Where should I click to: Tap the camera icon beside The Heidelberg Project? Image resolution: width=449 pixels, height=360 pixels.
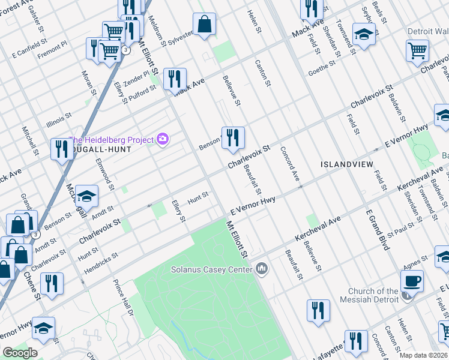(163, 140)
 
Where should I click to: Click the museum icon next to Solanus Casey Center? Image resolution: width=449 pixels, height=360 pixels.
(261, 268)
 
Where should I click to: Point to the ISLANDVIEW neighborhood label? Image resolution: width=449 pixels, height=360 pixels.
(346, 164)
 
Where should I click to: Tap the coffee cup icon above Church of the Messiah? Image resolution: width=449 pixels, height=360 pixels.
(412, 281)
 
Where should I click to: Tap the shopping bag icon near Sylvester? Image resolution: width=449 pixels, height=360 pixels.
(204, 25)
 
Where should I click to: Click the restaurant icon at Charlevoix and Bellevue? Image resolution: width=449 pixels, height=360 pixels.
(232, 137)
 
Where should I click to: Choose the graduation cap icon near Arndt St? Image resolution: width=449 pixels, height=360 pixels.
(86, 196)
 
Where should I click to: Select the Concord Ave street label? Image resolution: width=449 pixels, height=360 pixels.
(291, 163)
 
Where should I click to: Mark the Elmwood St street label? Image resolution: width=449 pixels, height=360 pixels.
(104, 175)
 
